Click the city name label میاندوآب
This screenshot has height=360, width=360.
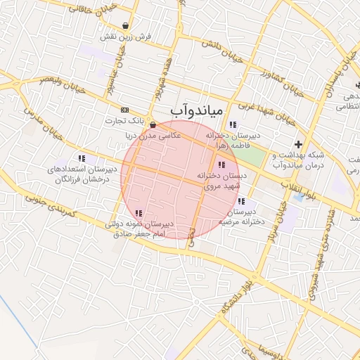pos(196,111)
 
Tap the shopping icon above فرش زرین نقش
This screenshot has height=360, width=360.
pos(125,25)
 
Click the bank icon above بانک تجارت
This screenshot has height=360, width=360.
pos(125,110)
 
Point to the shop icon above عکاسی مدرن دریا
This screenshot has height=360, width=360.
pos(153,124)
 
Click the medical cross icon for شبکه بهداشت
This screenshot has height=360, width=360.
pos(299,144)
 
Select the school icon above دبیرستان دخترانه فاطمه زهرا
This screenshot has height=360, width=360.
pos(233,125)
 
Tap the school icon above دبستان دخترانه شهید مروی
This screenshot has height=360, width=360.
pos(223,165)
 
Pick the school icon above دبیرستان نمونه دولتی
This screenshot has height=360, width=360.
pos(139,213)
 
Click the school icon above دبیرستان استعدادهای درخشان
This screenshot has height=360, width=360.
pos(82,159)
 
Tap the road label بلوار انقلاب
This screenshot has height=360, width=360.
pos(304,191)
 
